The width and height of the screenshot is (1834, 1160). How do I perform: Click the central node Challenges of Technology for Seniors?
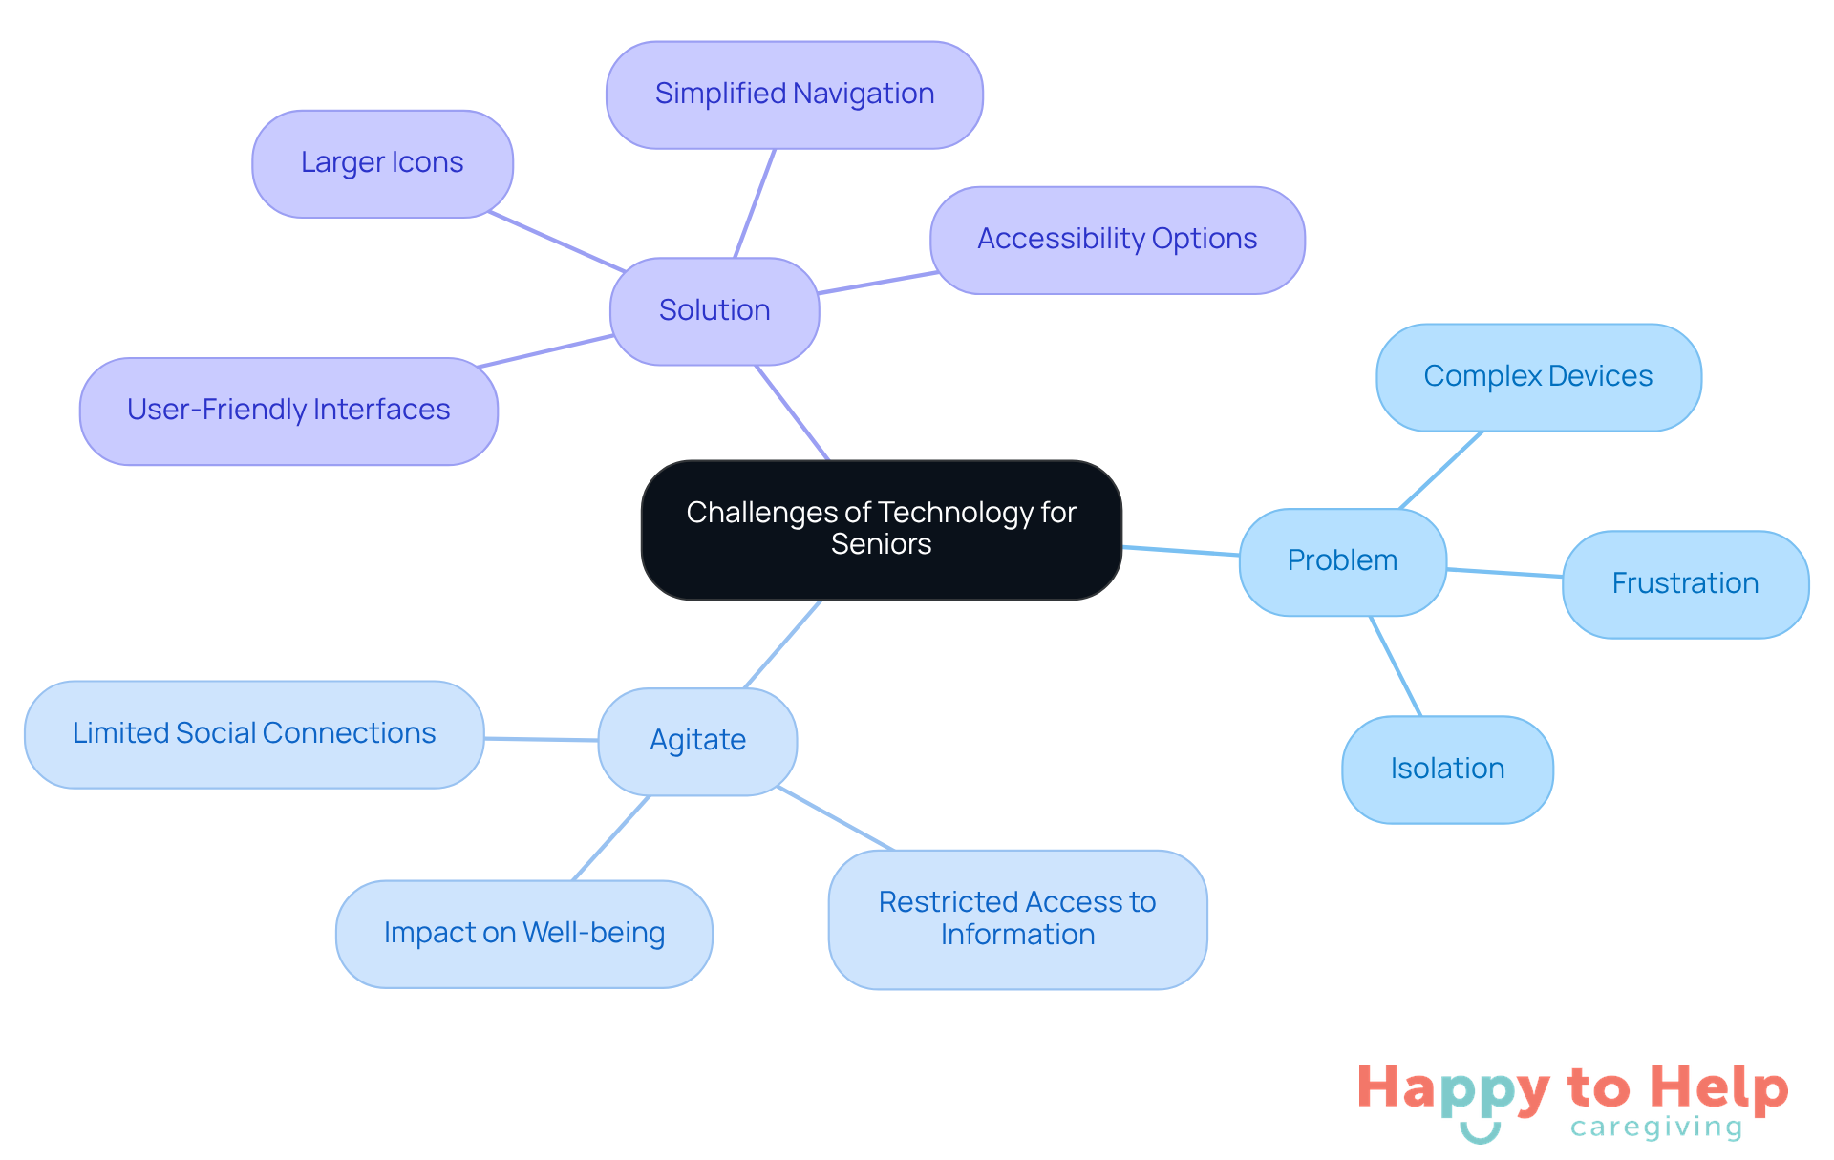pyautogui.click(x=881, y=530)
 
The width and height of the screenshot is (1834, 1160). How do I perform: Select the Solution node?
pyautogui.click(x=714, y=311)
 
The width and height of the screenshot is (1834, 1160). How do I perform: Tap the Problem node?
pyautogui.click(x=1342, y=561)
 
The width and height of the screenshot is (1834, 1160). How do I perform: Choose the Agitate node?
pyautogui.click(x=697, y=741)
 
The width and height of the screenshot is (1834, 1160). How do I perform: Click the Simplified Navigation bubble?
pyautogui.click(x=795, y=95)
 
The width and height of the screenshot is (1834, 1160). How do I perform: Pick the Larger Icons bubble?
pyautogui.click(x=382, y=163)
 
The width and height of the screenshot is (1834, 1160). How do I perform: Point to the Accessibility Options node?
pyautogui.click(x=1118, y=240)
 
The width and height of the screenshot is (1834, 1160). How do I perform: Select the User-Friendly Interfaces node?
pyautogui.click(x=288, y=411)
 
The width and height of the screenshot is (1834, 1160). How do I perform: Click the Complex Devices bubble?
pyautogui.click(x=1538, y=377)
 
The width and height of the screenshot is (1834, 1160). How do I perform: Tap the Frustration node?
pyautogui.click(x=1685, y=584)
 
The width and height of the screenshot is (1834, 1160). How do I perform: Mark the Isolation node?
pyautogui.click(x=1447, y=770)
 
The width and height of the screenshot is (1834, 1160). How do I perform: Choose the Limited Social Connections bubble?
pyautogui.click(x=254, y=734)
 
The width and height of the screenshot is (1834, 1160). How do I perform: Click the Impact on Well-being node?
pyautogui.click(x=524, y=934)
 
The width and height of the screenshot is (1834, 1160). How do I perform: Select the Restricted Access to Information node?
pyautogui.click(x=1017, y=919)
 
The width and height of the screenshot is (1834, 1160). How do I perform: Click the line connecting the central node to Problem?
pyautogui.click(x=1181, y=551)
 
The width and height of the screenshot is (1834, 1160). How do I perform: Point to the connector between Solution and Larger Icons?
pyautogui.click(x=556, y=242)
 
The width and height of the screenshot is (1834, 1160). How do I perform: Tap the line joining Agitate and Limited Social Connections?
pyautogui.click(x=541, y=739)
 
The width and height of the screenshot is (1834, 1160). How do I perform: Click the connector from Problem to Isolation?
pyautogui.click(x=1396, y=666)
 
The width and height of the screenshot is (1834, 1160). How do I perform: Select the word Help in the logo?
pyautogui.click(x=1718, y=1088)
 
